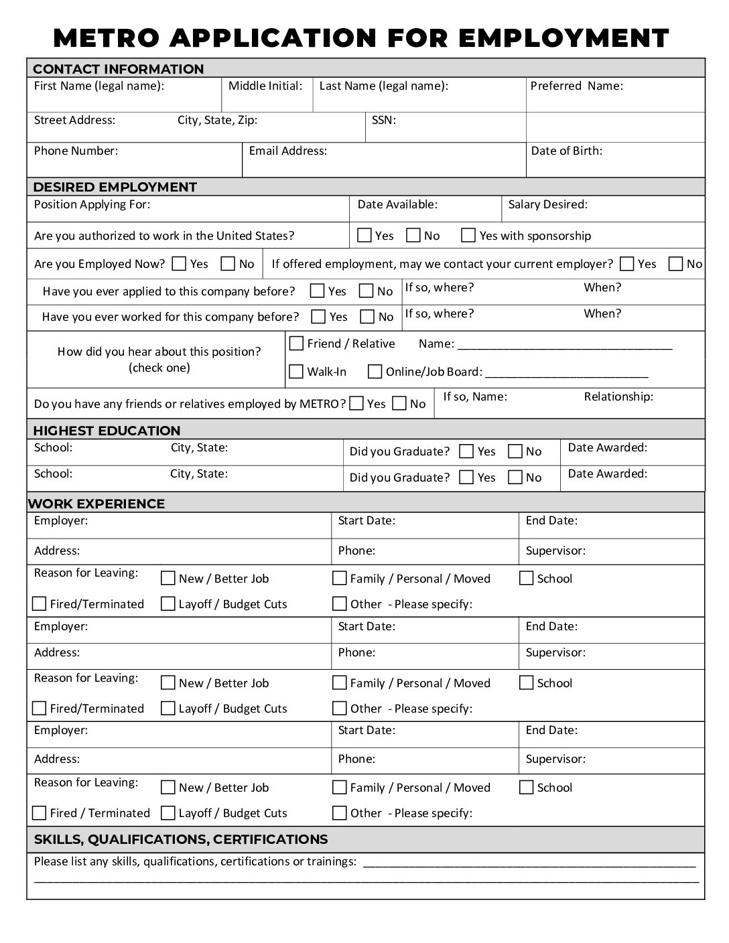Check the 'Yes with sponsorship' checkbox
click(x=468, y=235)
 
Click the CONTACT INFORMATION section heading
click(x=118, y=69)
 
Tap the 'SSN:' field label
click(x=383, y=121)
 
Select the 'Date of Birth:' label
click(x=566, y=151)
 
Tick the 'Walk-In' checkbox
click(x=296, y=371)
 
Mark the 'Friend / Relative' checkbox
click(x=296, y=344)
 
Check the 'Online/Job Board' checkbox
click(x=375, y=371)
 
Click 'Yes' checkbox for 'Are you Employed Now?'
click(x=179, y=264)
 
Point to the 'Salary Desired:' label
click(x=547, y=205)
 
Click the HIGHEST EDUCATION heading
click(x=107, y=431)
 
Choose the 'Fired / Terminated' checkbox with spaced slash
click(x=40, y=813)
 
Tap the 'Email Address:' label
click(x=288, y=151)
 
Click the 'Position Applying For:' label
click(x=92, y=205)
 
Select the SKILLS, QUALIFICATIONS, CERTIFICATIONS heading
click(x=181, y=839)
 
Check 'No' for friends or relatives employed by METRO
click(x=399, y=403)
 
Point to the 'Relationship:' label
click(x=618, y=396)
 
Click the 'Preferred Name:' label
click(x=576, y=86)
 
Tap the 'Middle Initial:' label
click(x=265, y=86)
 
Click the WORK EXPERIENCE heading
click(x=96, y=504)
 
